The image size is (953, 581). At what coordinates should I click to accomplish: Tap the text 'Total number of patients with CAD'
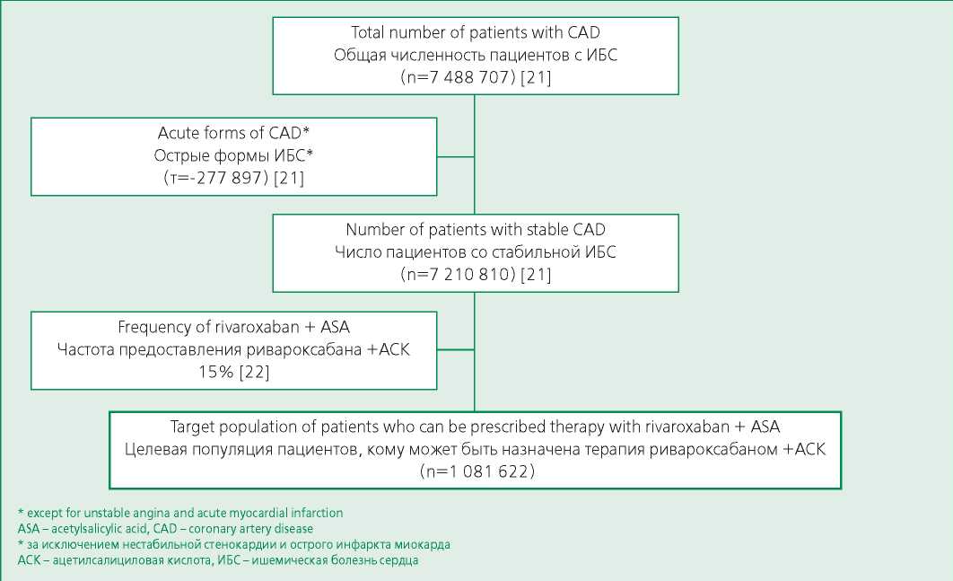point(476,32)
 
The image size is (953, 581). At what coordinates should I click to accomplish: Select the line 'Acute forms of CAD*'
point(234,133)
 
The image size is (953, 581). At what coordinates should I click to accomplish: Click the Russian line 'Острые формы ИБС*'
point(233,155)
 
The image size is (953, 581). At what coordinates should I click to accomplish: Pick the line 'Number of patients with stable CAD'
point(476,229)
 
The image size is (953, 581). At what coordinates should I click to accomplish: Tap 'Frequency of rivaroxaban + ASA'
point(234,327)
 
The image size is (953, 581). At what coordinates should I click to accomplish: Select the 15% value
point(215,372)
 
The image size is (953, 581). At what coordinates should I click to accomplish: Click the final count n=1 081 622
point(477,471)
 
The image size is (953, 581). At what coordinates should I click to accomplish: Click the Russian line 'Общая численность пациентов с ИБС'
point(476,55)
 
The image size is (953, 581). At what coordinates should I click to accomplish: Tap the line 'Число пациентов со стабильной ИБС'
point(476,251)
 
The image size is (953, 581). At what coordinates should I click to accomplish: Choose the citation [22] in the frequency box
point(255,372)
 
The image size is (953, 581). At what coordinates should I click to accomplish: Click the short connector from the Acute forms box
point(455,156)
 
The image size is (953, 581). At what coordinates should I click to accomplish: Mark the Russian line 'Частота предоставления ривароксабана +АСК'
point(234,349)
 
